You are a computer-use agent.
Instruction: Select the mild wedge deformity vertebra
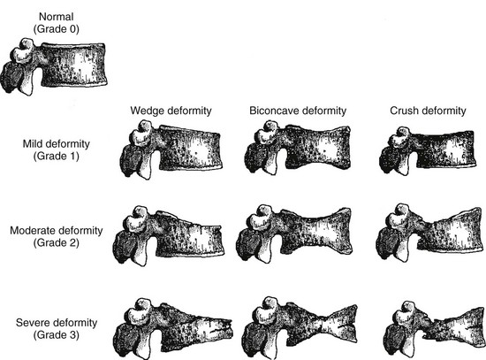point(171,150)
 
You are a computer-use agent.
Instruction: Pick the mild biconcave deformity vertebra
point(298,149)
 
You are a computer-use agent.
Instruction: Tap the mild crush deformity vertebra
point(428,150)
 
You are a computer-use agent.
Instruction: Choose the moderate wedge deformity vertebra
point(169,236)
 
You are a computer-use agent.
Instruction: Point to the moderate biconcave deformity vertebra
point(294,234)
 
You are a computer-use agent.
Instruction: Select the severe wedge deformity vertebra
point(173,328)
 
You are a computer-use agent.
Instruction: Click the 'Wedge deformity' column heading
point(171,111)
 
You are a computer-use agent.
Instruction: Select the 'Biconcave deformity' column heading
point(298,111)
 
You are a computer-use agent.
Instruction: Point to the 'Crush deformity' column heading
point(428,111)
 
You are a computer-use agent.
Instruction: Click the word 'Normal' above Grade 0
point(56,17)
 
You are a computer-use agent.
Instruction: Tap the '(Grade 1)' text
point(56,156)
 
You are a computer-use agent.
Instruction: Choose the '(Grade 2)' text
point(56,242)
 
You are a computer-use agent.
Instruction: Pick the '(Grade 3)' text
point(56,335)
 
